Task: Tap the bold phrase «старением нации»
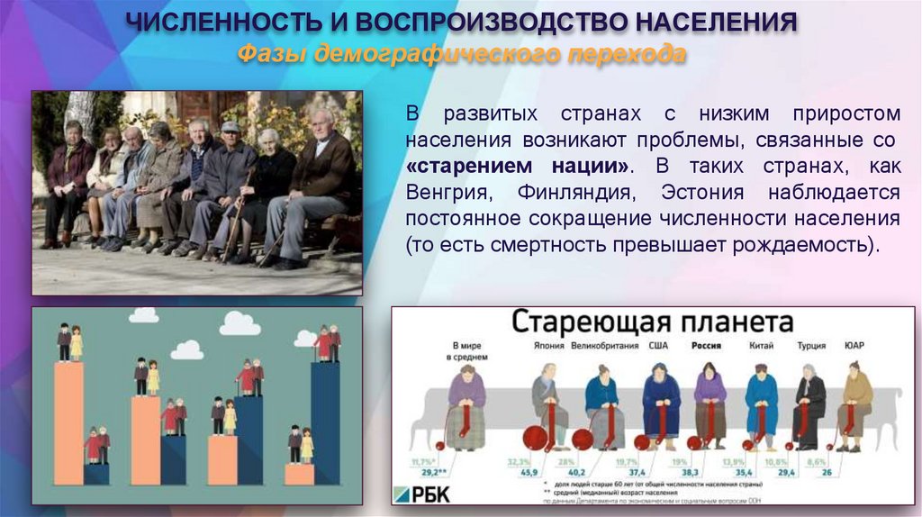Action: (518, 168)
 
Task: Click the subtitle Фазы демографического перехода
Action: (461, 55)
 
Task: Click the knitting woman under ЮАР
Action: (854, 405)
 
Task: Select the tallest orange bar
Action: (68, 423)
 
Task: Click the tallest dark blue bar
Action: (326, 423)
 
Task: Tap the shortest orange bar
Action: (299, 474)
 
